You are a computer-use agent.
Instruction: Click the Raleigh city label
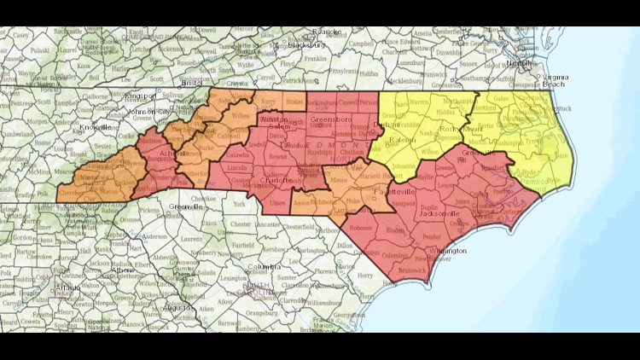pos(404,139)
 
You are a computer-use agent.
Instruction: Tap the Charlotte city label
pos(278,181)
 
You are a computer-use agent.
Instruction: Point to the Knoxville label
pos(96,127)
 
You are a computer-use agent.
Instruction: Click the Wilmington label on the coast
pos(448,251)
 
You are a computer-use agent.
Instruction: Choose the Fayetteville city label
pos(393,194)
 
